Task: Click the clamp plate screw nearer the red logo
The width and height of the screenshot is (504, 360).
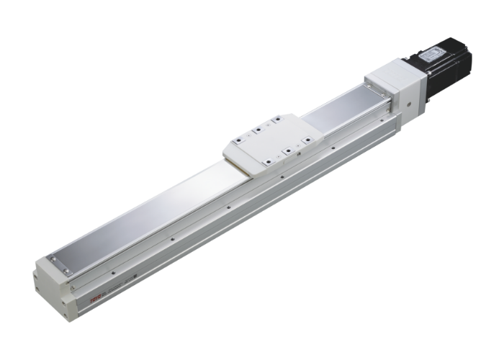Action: point(67,271)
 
